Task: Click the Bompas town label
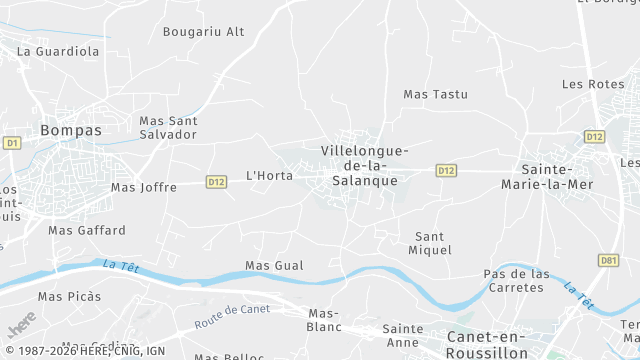(x=70, y=130)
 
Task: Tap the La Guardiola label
(x=58, y=50)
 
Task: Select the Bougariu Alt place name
(x=203, y=32)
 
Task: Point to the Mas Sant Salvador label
(x=168, y=127)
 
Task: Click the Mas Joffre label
(x=143, y=187)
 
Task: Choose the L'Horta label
(x=269, y=176)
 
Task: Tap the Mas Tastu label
(x=435, y=94)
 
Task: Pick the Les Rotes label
(x=592, y=84)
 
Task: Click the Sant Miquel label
(x=433, y=243)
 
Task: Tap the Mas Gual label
(x=273, y=265)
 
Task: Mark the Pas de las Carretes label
(x=516, y=281)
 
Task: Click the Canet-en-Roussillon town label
(x=487, y=344)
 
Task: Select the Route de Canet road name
(x=232, y=316)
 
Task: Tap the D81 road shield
(x=608, y=260)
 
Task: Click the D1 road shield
(x=12, y=143)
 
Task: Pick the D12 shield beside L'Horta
(x=216, y=181)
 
